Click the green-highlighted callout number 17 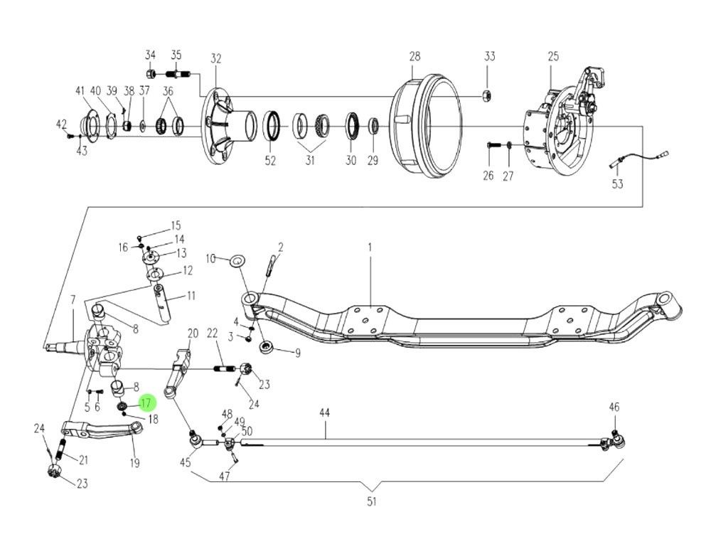click(146, 404)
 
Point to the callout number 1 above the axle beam click(370, 247)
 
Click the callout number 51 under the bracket click(371, 502)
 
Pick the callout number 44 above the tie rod click(324, 412)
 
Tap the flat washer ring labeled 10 click(236, 260)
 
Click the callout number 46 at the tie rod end click(614, 407)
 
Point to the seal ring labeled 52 click(271, 126)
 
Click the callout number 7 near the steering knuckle click(72, 301)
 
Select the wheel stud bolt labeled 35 click(176, 73)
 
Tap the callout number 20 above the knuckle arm click(193, 334)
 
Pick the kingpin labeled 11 click(162, 297)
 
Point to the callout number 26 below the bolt click(488, 176)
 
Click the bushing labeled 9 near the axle click(268, 348)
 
